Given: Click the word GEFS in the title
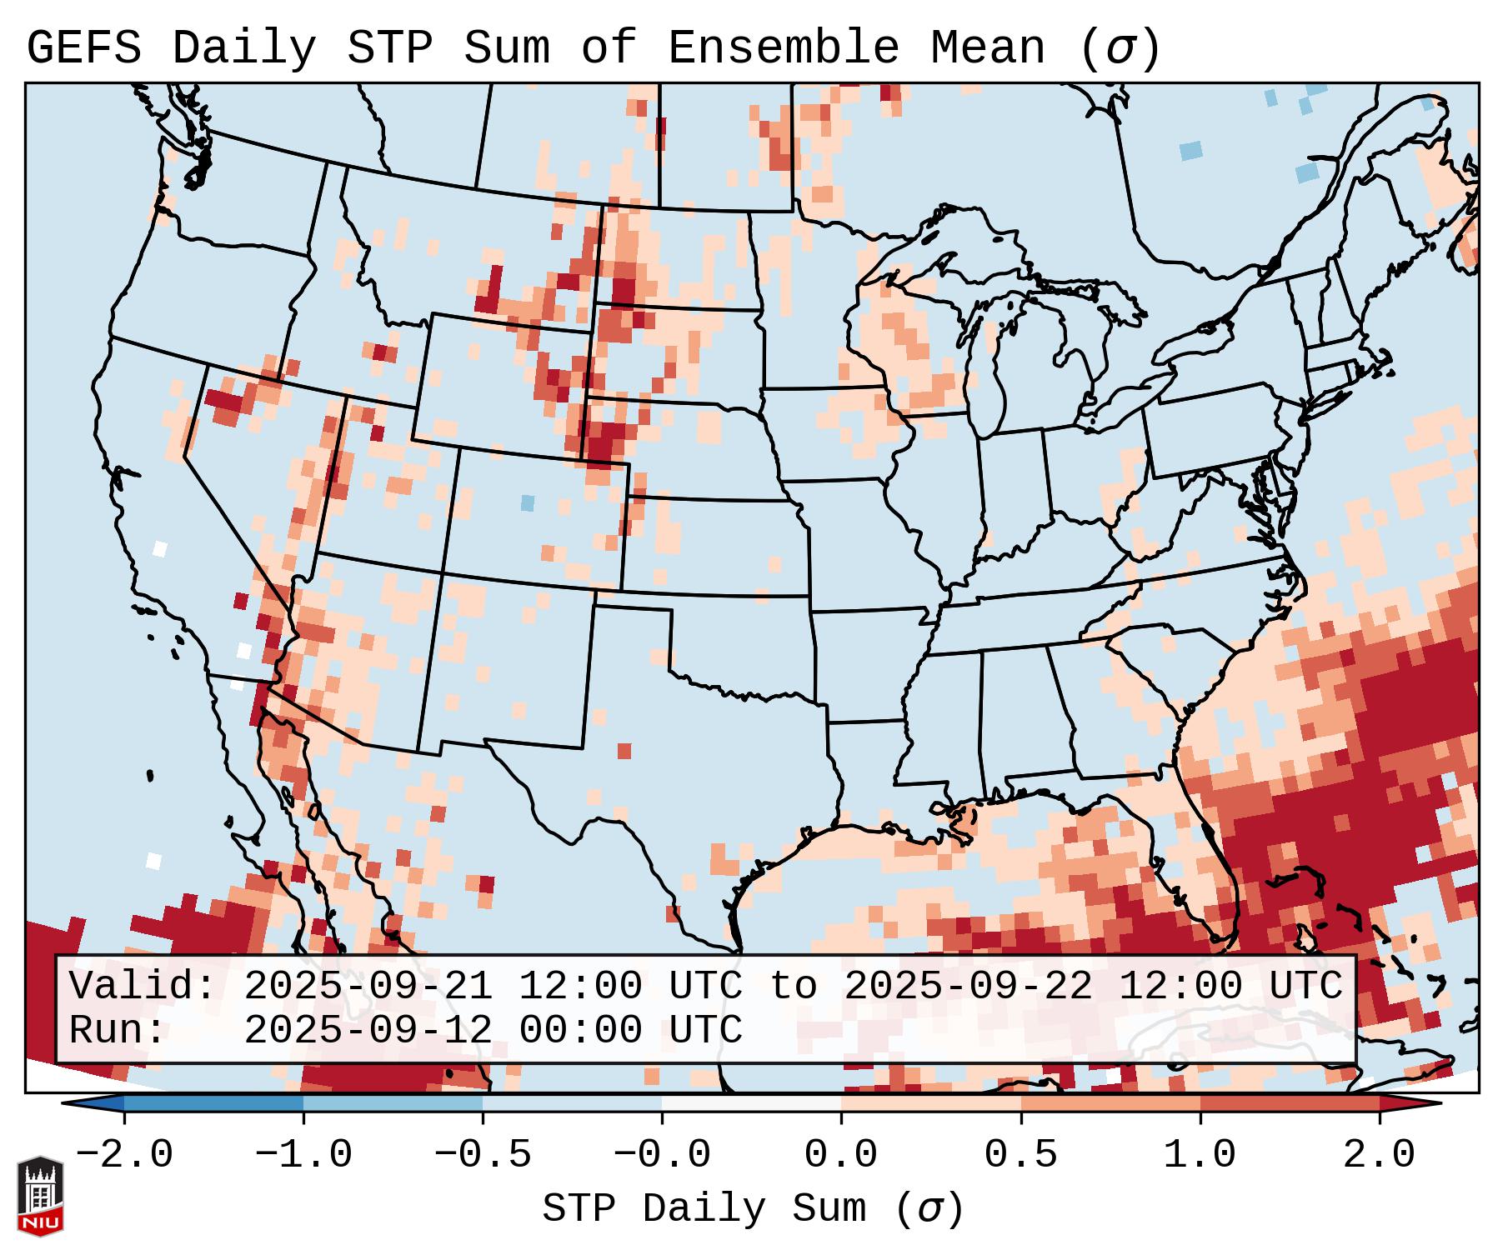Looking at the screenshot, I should [83, 48].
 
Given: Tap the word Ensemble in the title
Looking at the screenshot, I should [784, 48].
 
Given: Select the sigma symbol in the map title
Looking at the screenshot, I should [1119, 48].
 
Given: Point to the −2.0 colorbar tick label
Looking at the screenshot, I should [124, 1155].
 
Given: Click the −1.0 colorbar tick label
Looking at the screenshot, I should [303, 1155].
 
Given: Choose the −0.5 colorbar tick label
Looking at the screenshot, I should [483, 1155].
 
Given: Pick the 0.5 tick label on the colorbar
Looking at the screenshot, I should [1021, 1155].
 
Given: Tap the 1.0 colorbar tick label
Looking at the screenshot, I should [1200, 1155].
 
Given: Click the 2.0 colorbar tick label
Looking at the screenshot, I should [1380, 1155].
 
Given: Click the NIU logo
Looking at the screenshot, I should [40, 1196].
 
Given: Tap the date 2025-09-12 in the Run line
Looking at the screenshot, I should [368, 1030].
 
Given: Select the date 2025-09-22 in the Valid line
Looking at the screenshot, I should [968, 986].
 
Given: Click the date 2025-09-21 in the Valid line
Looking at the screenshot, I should [368, 986].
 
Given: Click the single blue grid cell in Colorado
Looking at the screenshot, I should [527, 502].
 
